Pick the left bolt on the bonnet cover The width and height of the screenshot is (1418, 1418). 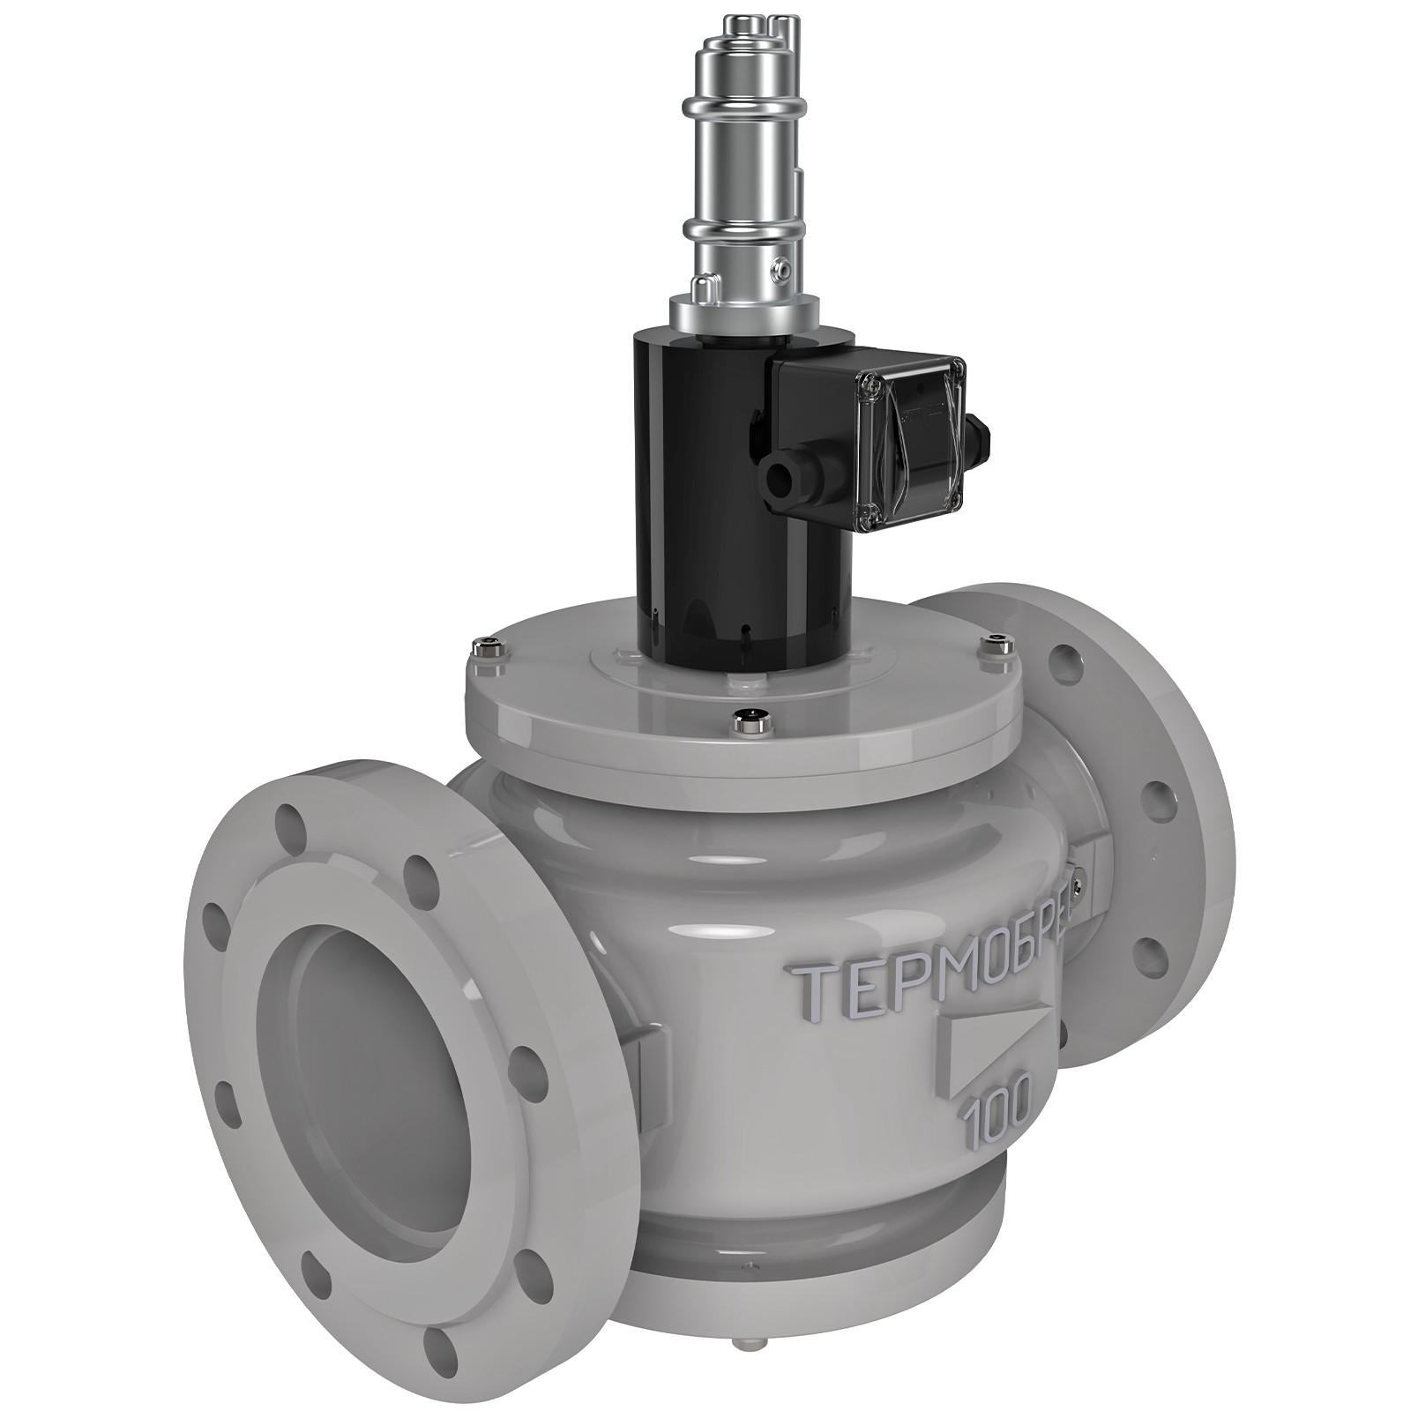[x=484, y=650]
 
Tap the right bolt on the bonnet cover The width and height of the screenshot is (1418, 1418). [x=996, y=641]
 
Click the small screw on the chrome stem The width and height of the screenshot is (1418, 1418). [x=779, y=266]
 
